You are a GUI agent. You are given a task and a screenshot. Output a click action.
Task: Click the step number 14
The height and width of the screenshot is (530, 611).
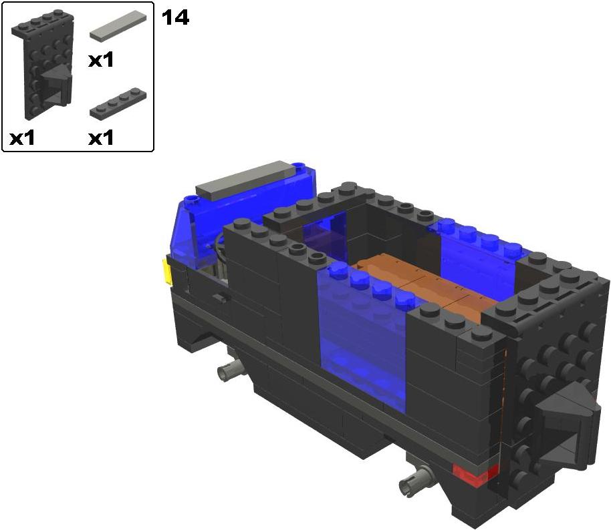[x=175, y=18]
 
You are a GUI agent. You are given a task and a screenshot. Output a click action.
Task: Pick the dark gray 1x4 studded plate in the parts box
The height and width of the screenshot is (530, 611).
[x=118, y=102]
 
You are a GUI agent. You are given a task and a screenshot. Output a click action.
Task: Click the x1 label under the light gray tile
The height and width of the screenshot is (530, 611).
[x=101, y=60]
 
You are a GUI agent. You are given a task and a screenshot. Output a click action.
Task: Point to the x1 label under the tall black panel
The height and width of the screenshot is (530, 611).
[x=22, y=138]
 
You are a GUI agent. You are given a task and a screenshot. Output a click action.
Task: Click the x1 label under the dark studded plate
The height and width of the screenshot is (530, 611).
[x=101, y=138]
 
